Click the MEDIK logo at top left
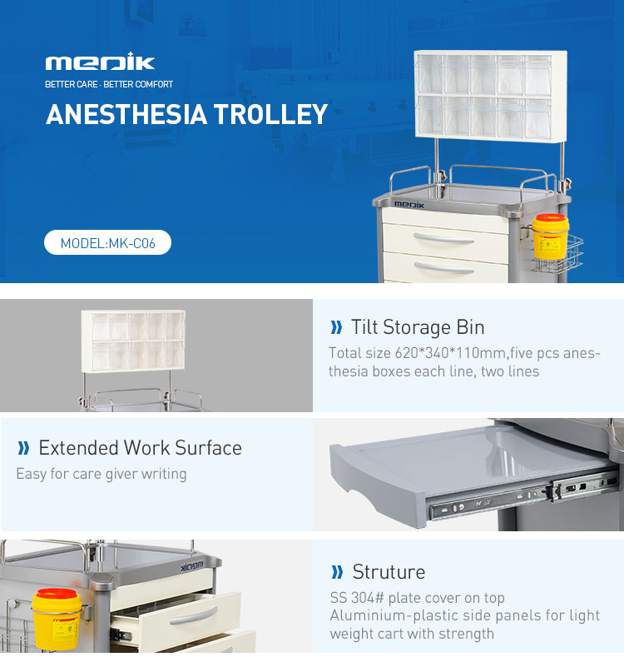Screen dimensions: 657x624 [x=100, y=63]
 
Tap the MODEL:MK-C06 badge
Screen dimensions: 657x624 [x=107, y=243]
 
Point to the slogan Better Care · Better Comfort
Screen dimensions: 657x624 [x=109, y=84]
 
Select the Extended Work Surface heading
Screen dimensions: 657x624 [x=140, y=447]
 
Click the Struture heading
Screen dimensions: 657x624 [x=389, y=571]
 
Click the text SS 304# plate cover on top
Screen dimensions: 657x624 [x=417, y=597]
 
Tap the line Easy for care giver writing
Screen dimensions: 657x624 [x=102, y=474]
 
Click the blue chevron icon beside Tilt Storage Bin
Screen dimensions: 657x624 [x=336, y=326]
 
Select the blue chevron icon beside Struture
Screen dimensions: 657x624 [x=337, y=571]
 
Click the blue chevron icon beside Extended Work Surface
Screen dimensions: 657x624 [x=23, y=448]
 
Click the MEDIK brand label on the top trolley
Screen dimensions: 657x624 [x=409, y=204]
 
